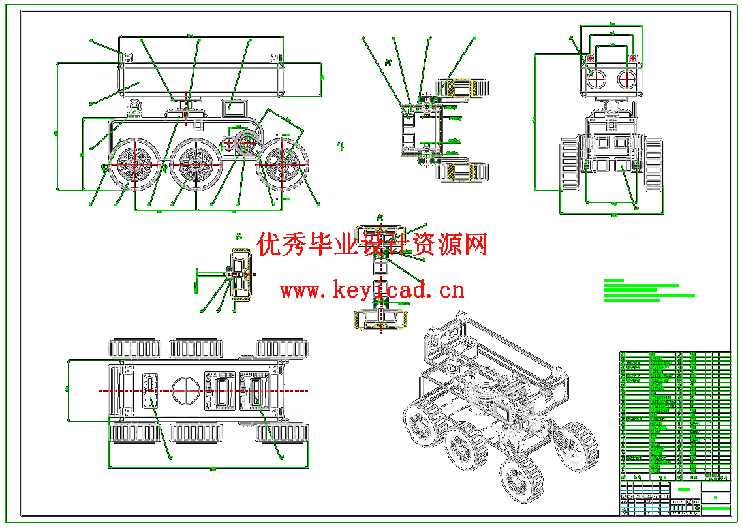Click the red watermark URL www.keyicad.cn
point(372,288)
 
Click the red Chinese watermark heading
point(373,245)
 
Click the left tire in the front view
point(570,164)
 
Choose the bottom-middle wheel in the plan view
point(196,432)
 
